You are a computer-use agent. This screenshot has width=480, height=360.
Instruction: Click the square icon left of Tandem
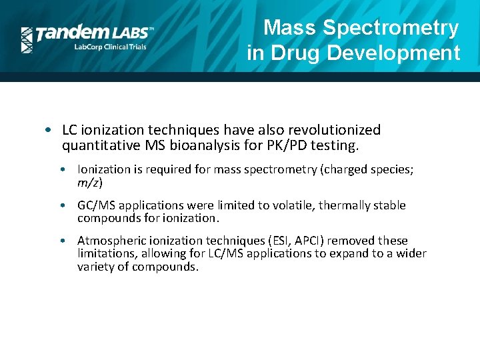tap(27, 39)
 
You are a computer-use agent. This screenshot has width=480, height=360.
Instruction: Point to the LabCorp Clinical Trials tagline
tap(109, 47)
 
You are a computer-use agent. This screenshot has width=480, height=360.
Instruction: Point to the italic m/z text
tap(90, 183)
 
